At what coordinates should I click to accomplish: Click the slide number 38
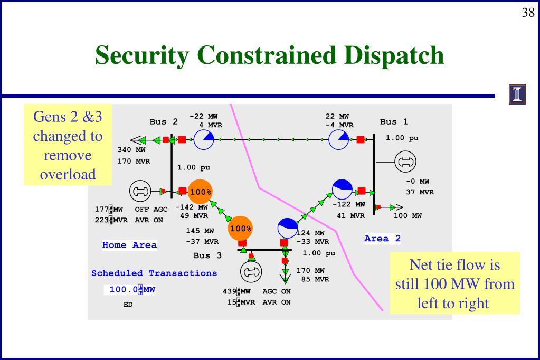tap(528, 13)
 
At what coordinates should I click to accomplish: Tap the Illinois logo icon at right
tap(517, 94)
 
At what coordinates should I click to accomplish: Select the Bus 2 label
tap(164, 122)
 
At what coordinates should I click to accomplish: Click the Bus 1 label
tap(394, 122)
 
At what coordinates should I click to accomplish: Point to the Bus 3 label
tap(207, 256)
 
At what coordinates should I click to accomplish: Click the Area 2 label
tap(382, 239)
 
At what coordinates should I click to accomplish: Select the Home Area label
tap(129, 245)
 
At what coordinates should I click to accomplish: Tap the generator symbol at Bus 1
tap(405, 162)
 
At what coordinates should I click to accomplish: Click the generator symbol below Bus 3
tap(251, 271)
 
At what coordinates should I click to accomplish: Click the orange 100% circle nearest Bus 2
tap(200, 192)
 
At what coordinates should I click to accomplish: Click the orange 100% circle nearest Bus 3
tap(240, 229)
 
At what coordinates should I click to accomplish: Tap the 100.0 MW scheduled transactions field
tap(132, 289)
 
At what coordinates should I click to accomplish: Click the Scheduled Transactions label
tap(154, 273)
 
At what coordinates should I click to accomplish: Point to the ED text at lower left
tap(128, 305)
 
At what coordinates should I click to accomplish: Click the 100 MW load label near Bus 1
tap(408, 215)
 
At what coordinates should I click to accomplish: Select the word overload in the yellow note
tap(68, 174)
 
